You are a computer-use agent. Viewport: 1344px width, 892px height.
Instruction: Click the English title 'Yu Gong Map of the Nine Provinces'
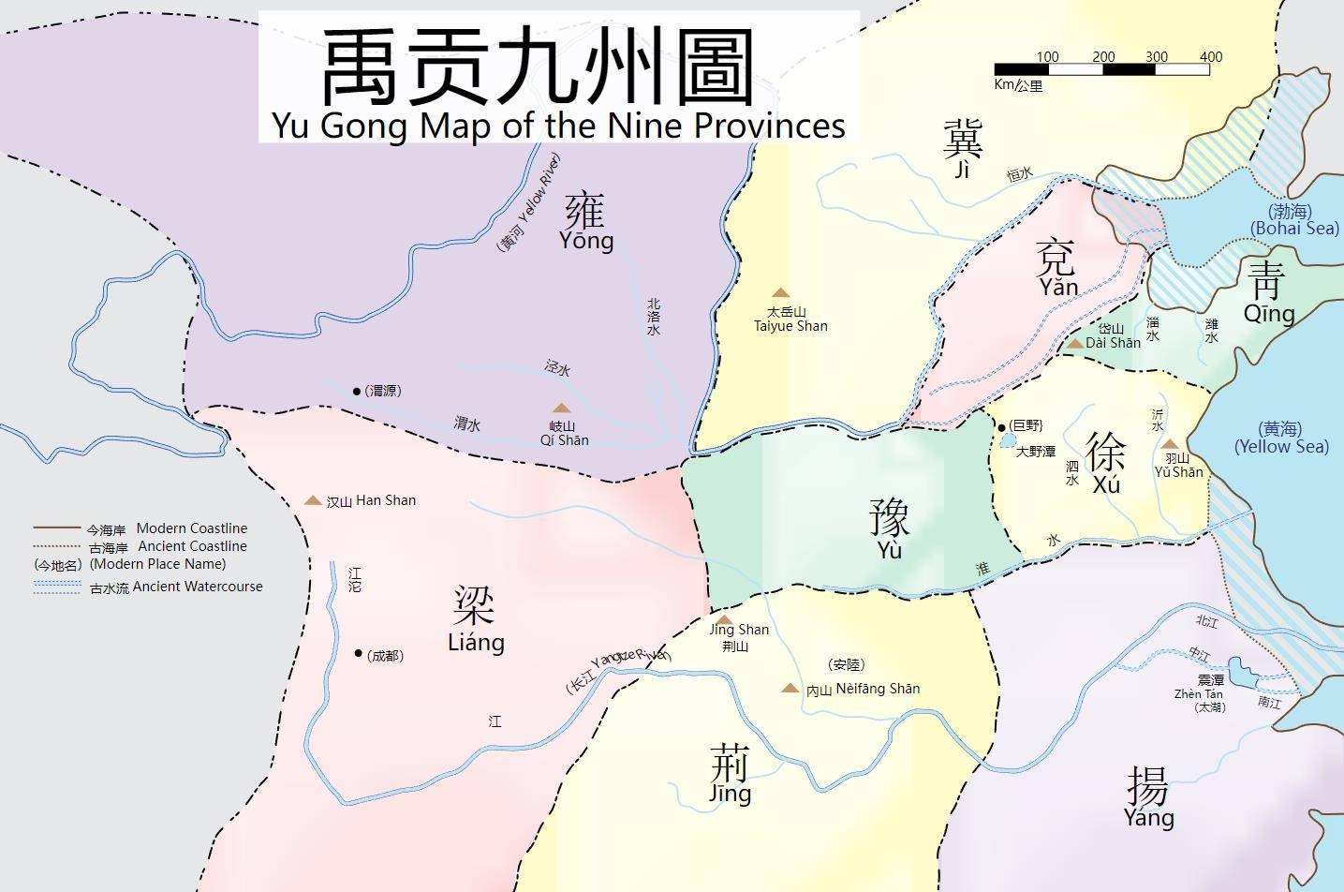tap(558, 125)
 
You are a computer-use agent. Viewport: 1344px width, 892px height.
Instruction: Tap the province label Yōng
tap(586, 240)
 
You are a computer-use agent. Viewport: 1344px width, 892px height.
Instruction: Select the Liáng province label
tap(476, 643)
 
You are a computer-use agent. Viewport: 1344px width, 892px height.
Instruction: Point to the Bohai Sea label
tap(1294, 229)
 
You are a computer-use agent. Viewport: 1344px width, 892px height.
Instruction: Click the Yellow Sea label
tap(1280, 447)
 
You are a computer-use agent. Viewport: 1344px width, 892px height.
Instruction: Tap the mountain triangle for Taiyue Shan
tap(780, 293)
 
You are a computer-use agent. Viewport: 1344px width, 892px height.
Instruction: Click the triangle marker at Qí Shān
tap(561, 408)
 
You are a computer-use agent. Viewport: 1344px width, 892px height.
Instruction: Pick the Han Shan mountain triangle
tap(313, 500)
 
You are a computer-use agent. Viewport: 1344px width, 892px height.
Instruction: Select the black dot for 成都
tap(359, 653)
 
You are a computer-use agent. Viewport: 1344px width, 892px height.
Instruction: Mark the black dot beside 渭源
tap(357, 391)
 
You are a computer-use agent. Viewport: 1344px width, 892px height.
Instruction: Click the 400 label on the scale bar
tap(1210, 57)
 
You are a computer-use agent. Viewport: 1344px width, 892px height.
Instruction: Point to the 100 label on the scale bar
tap(1047, 57)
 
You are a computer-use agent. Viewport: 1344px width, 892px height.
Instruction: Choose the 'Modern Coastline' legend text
tap(192, 528)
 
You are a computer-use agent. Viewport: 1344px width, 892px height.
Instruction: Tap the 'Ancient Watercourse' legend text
tap(198, 587)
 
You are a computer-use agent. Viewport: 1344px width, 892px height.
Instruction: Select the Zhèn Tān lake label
tap(1198, 694)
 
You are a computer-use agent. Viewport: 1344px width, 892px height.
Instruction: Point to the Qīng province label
tap(1269, 314)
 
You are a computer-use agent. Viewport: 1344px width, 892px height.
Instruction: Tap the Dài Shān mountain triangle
tap(1075, 344)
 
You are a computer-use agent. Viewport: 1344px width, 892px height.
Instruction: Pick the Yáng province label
tap(1148, 818)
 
